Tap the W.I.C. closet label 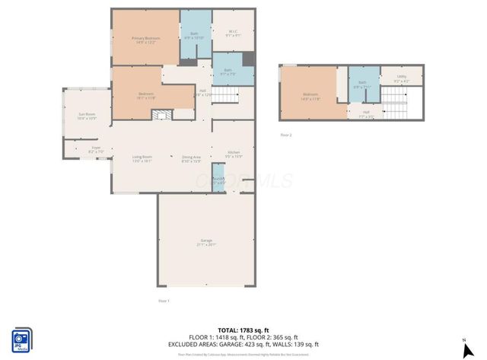(234, 33)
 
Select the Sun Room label (87, 116)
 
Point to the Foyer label (96, 149)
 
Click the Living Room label (142, 159)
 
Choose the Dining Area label (190, 159)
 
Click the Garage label (207, 242)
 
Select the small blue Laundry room (218, 182)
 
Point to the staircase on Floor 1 (224, 95)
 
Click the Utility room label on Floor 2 (401, 78)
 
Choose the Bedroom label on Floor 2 (310, 97)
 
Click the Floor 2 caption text (286, 135)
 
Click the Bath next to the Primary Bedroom (190, 34)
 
